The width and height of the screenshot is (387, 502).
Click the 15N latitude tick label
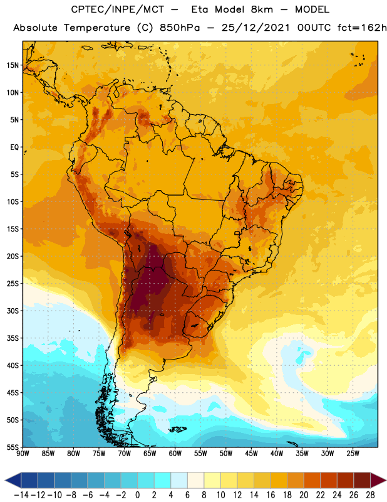(13, 65)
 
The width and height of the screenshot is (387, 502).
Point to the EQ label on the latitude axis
(14, 147)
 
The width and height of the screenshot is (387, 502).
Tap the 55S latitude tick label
(13, 447)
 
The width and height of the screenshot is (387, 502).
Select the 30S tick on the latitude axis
(13, 311)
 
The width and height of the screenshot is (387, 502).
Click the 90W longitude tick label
(23, 454)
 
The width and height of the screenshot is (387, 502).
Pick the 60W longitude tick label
(175, 454)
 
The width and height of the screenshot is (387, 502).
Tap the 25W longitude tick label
(353, 454)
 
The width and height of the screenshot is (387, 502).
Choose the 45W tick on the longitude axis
(251, 454)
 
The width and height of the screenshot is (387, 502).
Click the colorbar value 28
(370, 495)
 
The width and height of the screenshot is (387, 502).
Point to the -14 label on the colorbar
(21, 495)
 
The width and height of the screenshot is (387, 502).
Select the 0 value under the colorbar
(137, 495)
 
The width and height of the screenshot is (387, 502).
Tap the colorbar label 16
(271, 495)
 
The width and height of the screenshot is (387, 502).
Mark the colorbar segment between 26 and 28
(362, 481)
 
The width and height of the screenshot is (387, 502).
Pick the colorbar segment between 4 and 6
(179, 481)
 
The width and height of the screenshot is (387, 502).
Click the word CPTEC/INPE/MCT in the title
(118, 9)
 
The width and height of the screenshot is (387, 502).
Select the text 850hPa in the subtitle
(180, 28)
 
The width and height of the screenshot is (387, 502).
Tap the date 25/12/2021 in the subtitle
(255, 28)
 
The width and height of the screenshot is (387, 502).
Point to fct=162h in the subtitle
(362, 28)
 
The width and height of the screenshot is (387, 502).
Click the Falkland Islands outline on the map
(178, 429)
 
